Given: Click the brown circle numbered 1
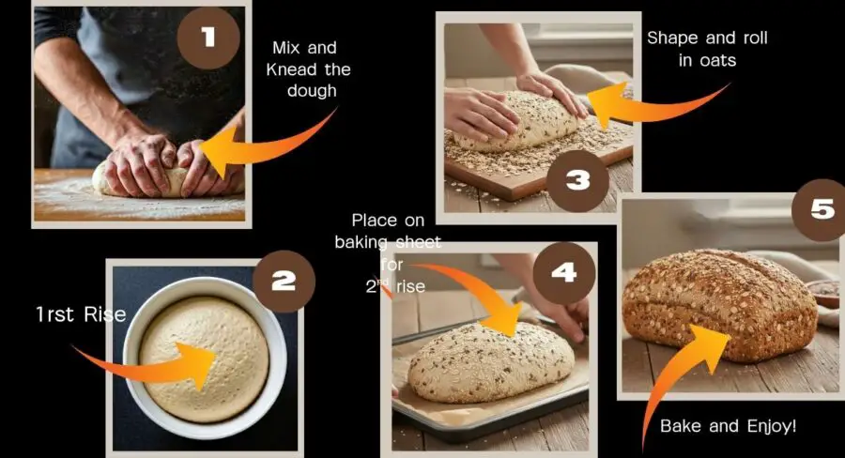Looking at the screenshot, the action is pyautogui.click(x=208, y=38).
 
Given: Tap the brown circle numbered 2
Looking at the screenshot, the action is pyautogui.click(x=284, y=282).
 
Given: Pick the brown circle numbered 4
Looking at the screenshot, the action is pyautogui.click(x=564, y=273).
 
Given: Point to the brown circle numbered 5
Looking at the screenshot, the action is pyautogui.click(x=822, y=210).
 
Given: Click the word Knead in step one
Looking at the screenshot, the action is pyautogui.click(x=292, y=69).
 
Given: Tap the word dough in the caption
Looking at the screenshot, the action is pyautogui.click(x=312, y=91).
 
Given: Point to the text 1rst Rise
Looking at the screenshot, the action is pyautogui.click(x=81, y=314).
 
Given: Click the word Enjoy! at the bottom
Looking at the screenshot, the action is pyautogui.click(x=772, y=426).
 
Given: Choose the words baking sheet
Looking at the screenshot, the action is pyautogui.click(x=388, y=242).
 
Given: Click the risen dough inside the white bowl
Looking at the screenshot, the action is pyautogui.click(x=205, y=359).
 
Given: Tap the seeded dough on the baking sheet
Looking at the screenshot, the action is pyautogui.click(x=491, y=362).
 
